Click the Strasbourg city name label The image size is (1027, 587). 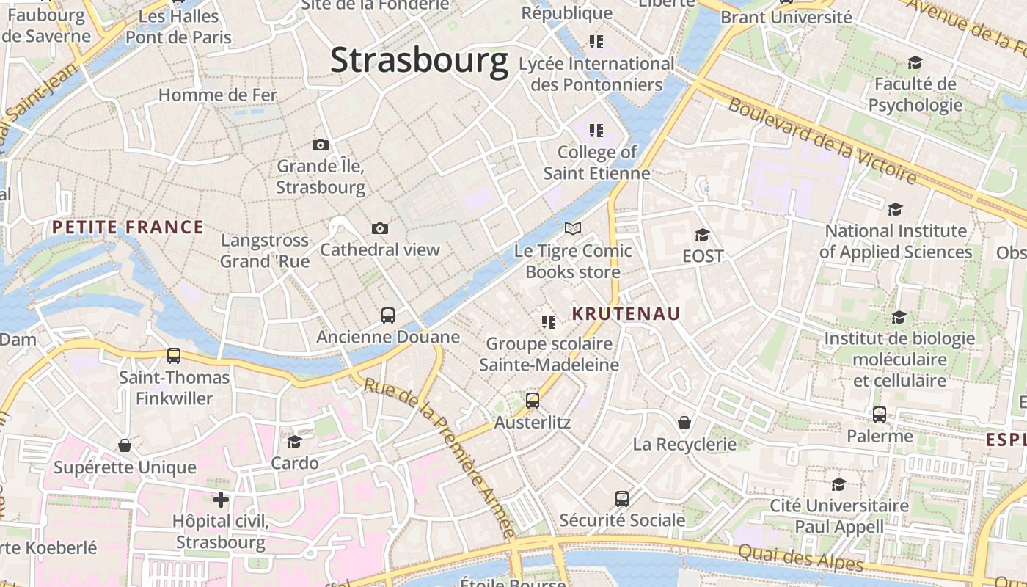(x=419, y=60)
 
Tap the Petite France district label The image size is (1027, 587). (x=128, y=227)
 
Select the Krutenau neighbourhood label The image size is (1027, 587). (x=626, y=314)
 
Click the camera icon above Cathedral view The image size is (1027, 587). (x=380, y=228)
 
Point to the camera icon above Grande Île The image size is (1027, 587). (x=320, y=145)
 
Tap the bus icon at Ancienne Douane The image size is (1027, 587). (x=388, y=316)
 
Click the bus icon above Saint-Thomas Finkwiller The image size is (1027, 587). (x=174, y=356)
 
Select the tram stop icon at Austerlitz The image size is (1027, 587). (x=533, y=401)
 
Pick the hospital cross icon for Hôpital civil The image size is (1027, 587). (x=221, y=500)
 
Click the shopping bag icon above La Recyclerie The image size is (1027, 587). (x=684, y=423)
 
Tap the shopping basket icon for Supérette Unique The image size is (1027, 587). (x=125, y=445)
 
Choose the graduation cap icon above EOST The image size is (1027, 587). (x=702, y=235)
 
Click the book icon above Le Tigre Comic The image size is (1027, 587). (x=573, y=229)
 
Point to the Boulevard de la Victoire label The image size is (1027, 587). (x=822, y=139)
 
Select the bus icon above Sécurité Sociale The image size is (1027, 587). (x=622, y=499)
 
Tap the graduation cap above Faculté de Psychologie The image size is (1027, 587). (x=915, y=62)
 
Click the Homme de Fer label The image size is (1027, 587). (x=218, y=95)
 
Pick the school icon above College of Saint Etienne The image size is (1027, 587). (x=596, y=131)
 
